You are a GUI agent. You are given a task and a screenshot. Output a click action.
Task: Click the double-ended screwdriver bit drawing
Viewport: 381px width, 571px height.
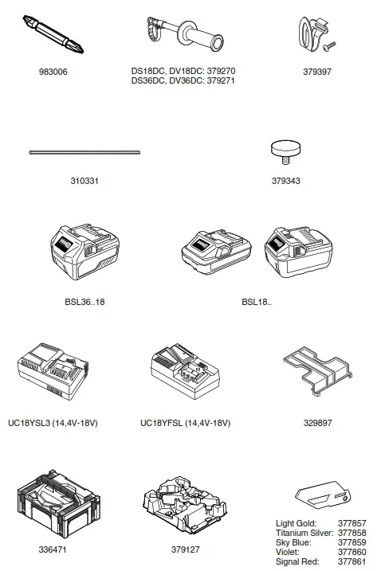pyautogui.click(x=53, y=34)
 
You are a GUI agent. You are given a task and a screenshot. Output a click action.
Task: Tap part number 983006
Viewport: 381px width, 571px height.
pyautogui.click(x=53, y=72)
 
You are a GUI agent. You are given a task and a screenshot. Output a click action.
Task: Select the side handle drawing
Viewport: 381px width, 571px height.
pyautogui.click(x=184, y=34)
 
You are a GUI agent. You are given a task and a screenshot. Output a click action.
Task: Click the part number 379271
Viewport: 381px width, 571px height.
pyautogui.click(x=221, y=80)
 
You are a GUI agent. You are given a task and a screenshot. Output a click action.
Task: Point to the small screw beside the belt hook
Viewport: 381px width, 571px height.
pyautogui.click(x=329, y=47)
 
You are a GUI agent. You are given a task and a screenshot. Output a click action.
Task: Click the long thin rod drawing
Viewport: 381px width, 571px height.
pyautogui.click(x=84, y=152)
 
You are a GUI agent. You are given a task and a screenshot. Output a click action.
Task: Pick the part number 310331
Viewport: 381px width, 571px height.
pyautogui.click(x=84, y=181)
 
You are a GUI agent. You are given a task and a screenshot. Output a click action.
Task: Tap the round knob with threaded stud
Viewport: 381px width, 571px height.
pyautogui.click(x=286, y=152)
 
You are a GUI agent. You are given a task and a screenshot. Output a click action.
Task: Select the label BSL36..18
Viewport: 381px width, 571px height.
pyautogui.click(x=84, y=302)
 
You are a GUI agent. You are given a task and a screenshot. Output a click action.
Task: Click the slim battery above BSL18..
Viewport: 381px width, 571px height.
pyautogui.click(x=216, y=252)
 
